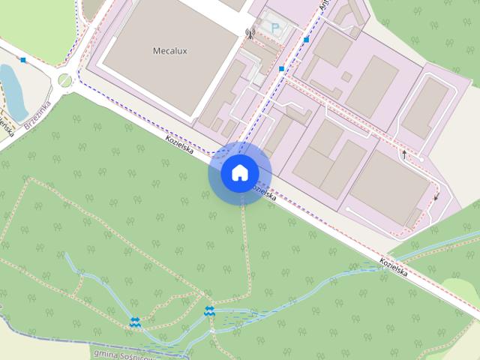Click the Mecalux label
click(x=168, y=52)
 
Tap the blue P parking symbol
click(x=274, y=28)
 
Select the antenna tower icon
click(x=250, y=33)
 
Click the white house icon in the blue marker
click(x=239, y=173)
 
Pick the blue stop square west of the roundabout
click(x=24, y=59)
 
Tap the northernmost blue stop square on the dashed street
click(x=306, y=39)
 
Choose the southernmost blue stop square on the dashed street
click(x=281, y=69)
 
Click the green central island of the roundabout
click(x=65, y=79)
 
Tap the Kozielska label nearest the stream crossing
click(x=393, y=268)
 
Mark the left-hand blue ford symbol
click(x=135, y=322)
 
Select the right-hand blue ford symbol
click(x=209, y=311)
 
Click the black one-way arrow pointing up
click(x=403, y=153)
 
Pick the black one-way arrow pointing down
click(x=436, y=197)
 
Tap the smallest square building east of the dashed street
click(x=346, y=76)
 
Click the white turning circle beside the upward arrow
click(x=418, y=160)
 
